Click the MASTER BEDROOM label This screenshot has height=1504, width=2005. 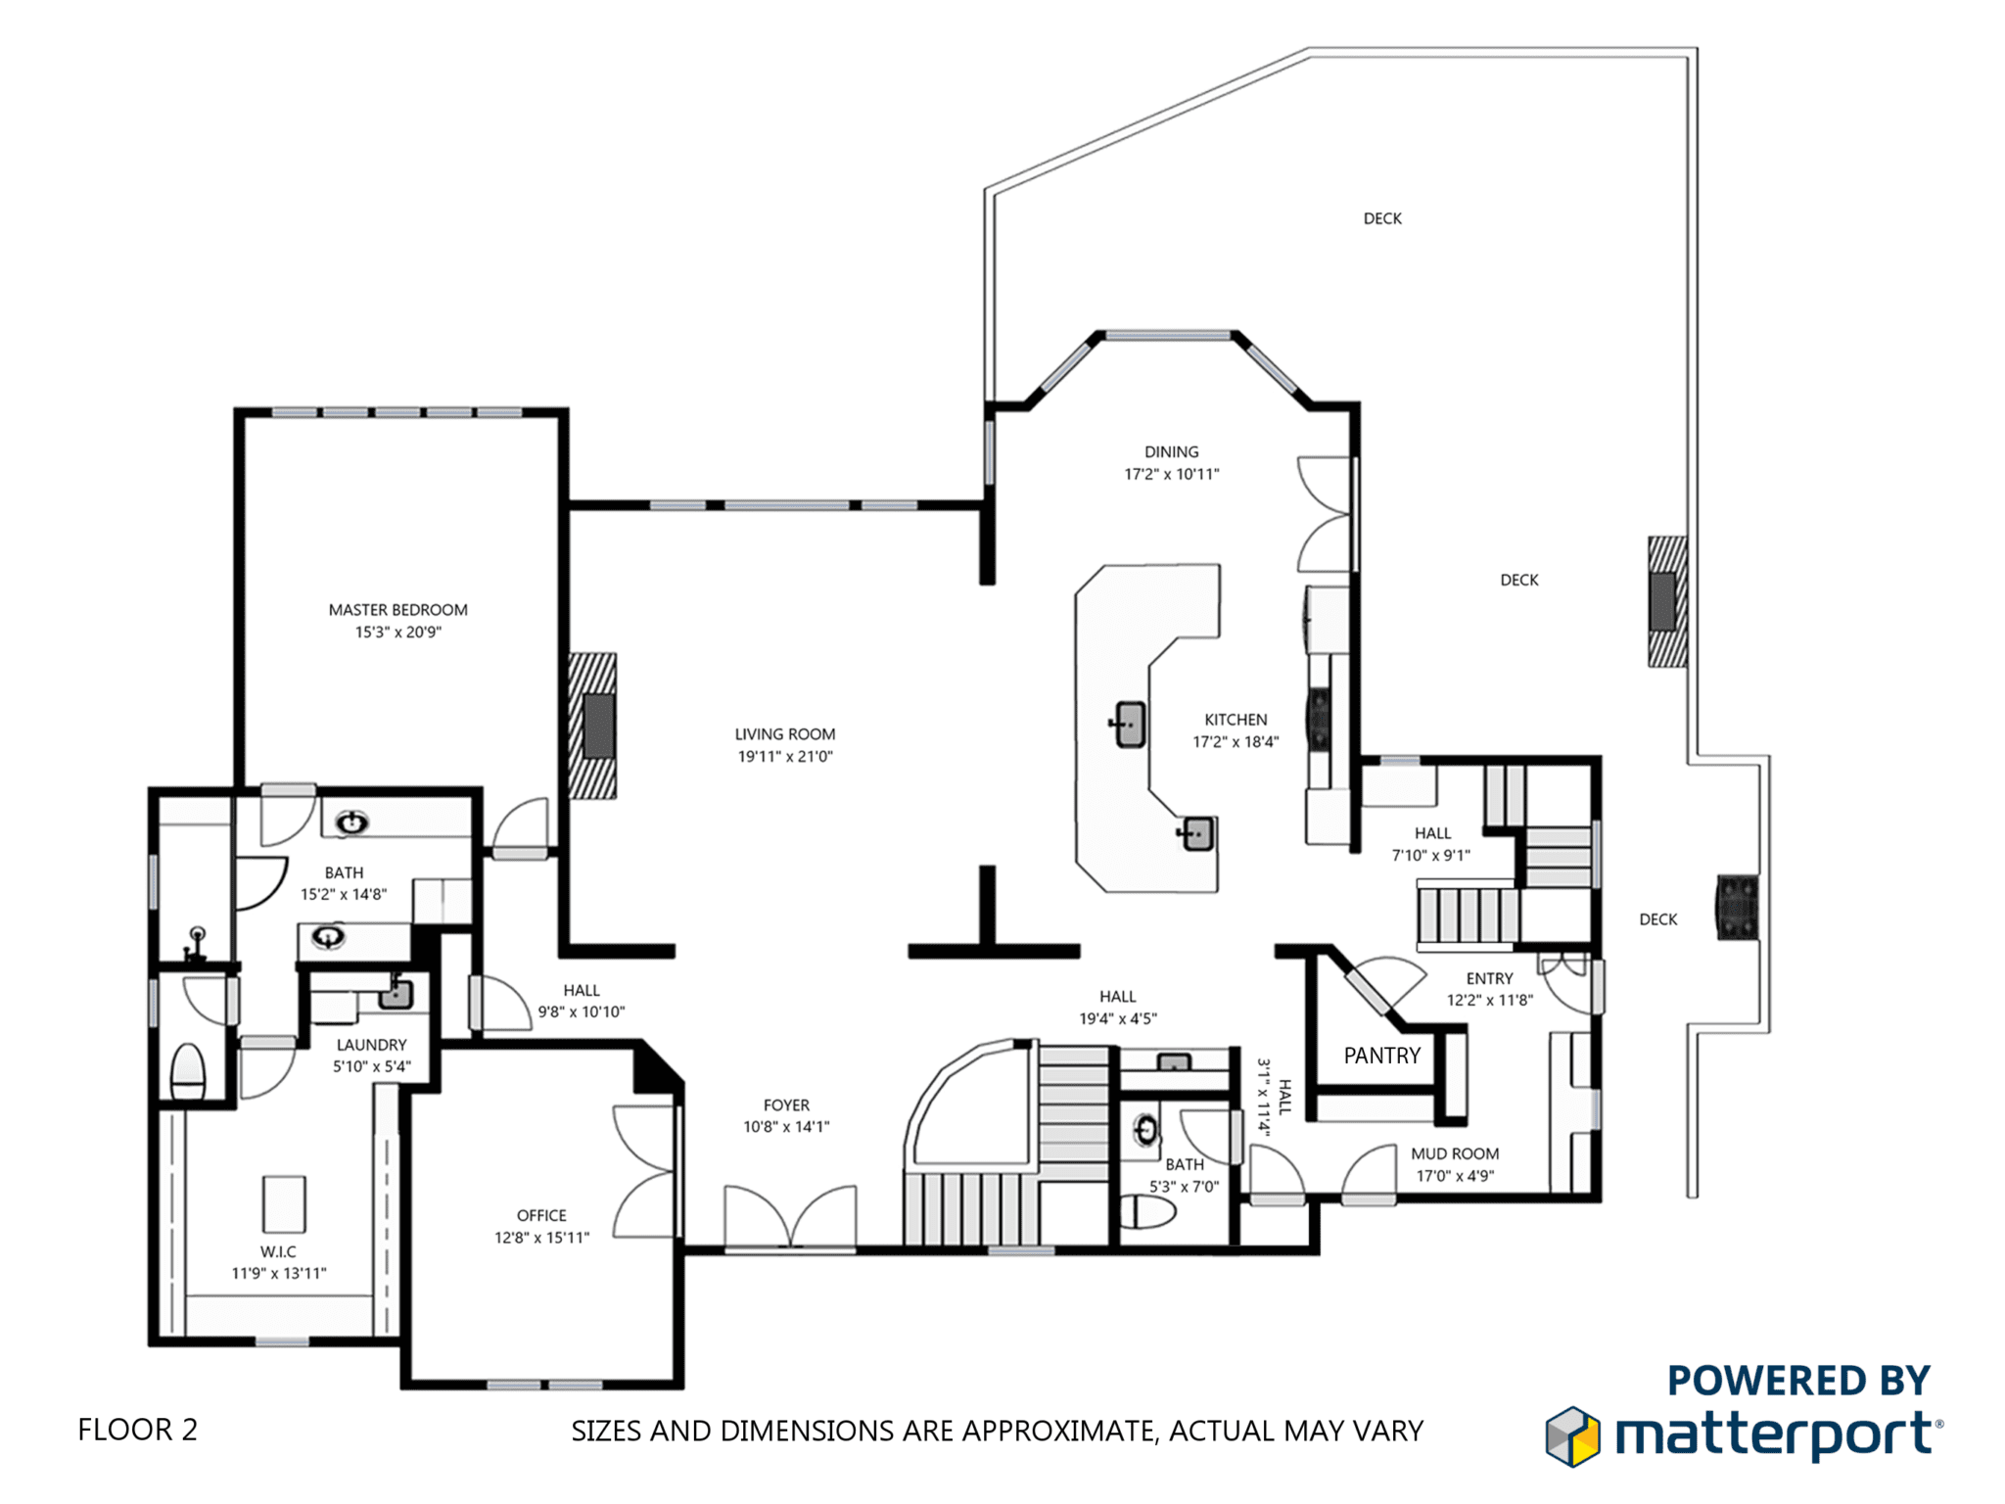(397, 610)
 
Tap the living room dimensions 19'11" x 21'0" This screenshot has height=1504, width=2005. (785, 756)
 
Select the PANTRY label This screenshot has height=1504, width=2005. (1381, 1056)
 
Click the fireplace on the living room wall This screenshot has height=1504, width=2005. (593, 726)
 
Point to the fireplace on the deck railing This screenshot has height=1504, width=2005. (1667, 601)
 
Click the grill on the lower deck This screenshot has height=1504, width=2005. (1737, 907)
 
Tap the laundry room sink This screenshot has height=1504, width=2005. (396, 994)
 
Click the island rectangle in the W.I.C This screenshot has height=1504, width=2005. (284, 1203)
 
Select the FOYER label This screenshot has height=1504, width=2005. (786, 1104)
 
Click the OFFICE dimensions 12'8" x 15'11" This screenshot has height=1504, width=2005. (541, 1238)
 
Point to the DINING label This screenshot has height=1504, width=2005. (1171, 451)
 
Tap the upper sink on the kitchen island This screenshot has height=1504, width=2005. (1129, 725)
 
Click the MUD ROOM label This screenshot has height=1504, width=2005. (1455, 1153)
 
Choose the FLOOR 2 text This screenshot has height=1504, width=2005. (137, 1430)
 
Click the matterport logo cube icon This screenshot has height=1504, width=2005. (1572, 1436)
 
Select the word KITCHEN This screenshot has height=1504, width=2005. (1236, 720)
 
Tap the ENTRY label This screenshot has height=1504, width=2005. (1489, 978)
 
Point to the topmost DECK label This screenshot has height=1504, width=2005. (1382, 218)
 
